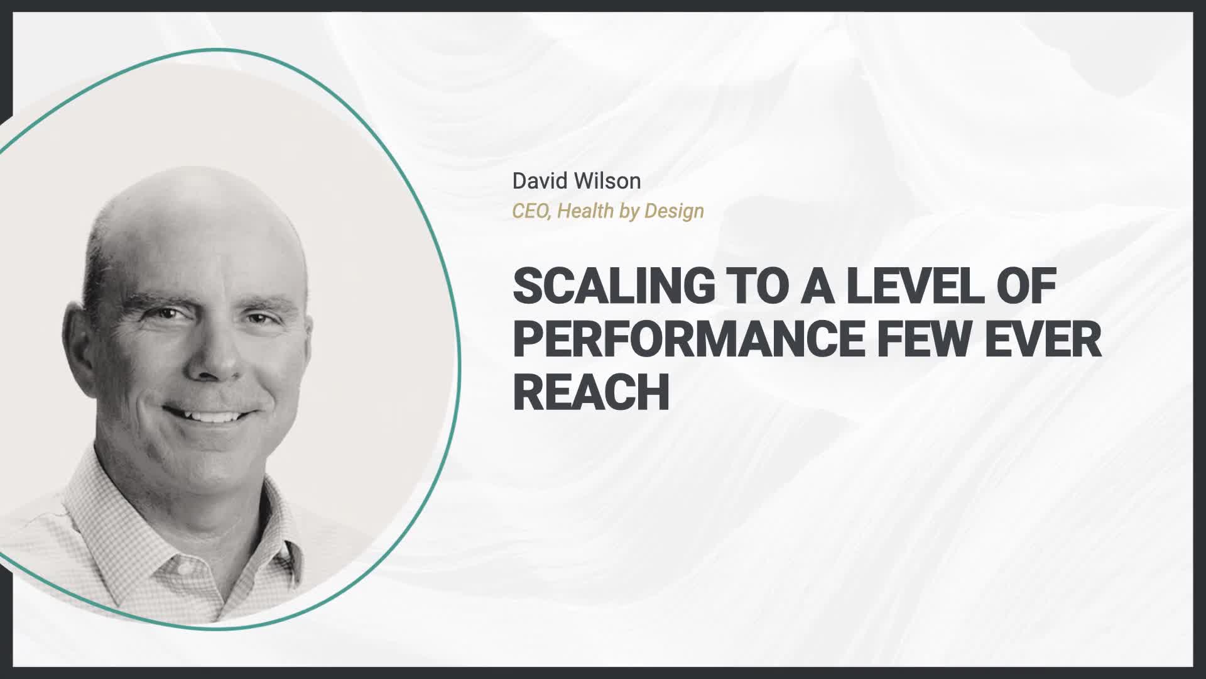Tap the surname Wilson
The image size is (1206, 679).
pos(609,181)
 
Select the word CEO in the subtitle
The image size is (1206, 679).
pos(532,211)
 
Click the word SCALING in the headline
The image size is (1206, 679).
pos(614,285)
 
